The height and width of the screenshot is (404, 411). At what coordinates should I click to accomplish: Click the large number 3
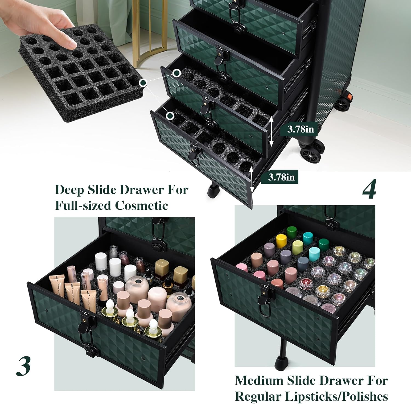pyautogui.click(x=24, y=367)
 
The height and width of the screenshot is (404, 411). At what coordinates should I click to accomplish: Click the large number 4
pyautogui.click(x=369, y=189)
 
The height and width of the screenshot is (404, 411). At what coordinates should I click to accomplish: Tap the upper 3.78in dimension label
pyautogui.click(x=300, y=129)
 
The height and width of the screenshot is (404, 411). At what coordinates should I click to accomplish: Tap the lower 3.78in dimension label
pyautogui.click(x=281, y=177)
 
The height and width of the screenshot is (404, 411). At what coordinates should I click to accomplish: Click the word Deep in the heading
pyautogui.click(x=69, y=190)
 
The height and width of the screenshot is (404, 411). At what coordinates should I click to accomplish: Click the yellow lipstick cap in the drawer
pyautogui.click(x=281, y=241)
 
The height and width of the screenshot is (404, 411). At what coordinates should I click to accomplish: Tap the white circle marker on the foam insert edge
pyautogui.click(x=143, y=82)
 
